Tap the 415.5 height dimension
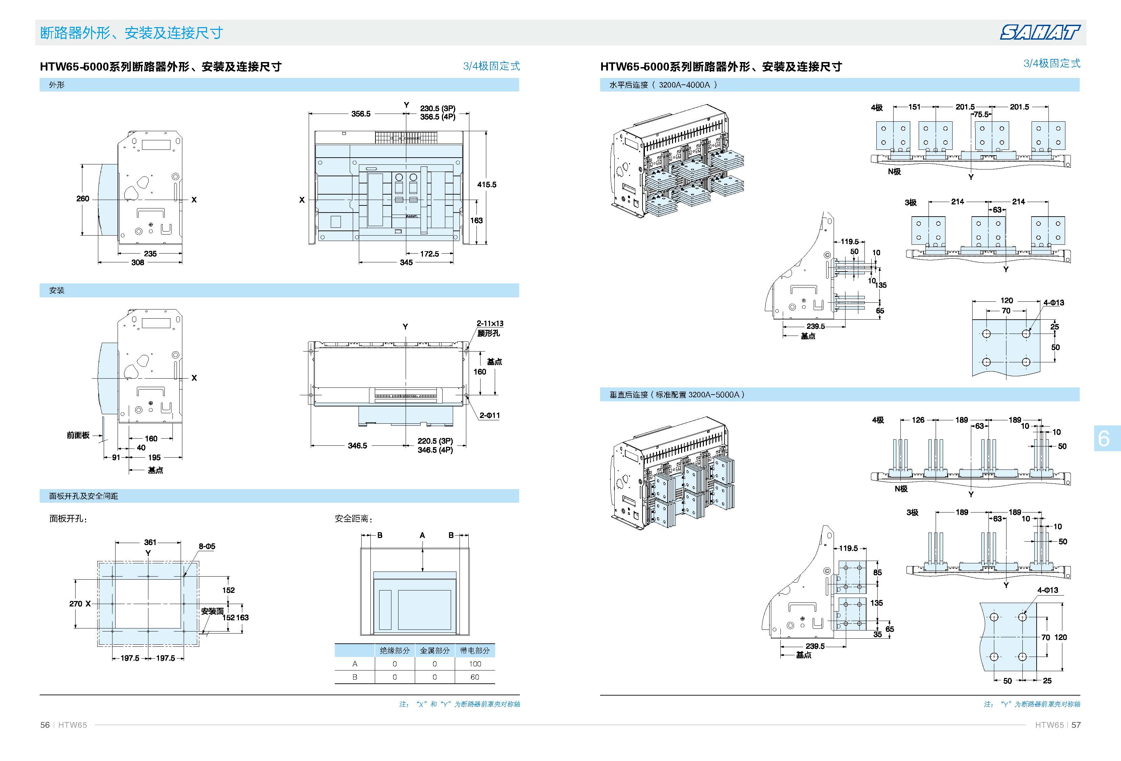coord(487,184)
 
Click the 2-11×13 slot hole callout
coord(490,323)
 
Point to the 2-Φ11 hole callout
coord(490,415)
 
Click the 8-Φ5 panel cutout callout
coord(207,546)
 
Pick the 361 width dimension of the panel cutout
coord(150,542)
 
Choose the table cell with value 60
coord(475,677)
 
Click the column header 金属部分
coord(434,650)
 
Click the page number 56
coord(45,725)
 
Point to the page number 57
coord(1076,725)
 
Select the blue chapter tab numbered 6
coord(1104,438)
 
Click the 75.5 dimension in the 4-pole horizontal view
coord(981,114)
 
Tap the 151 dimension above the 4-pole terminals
coord(915,107)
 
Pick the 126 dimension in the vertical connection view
coord(918,420)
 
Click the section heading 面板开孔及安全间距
coord(83,496)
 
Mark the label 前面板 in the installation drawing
coord(78,435)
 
